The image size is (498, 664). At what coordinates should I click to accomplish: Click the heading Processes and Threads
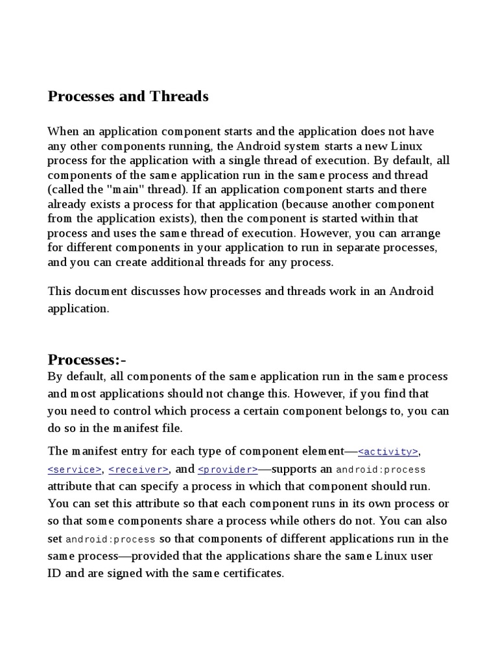coord(128,97)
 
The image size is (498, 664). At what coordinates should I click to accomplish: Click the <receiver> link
coord(139,469)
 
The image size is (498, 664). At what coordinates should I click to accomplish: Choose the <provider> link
coord(228,469)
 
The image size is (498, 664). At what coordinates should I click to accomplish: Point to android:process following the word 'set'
coord(110,539)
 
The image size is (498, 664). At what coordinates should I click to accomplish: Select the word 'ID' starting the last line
coord(54,574)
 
